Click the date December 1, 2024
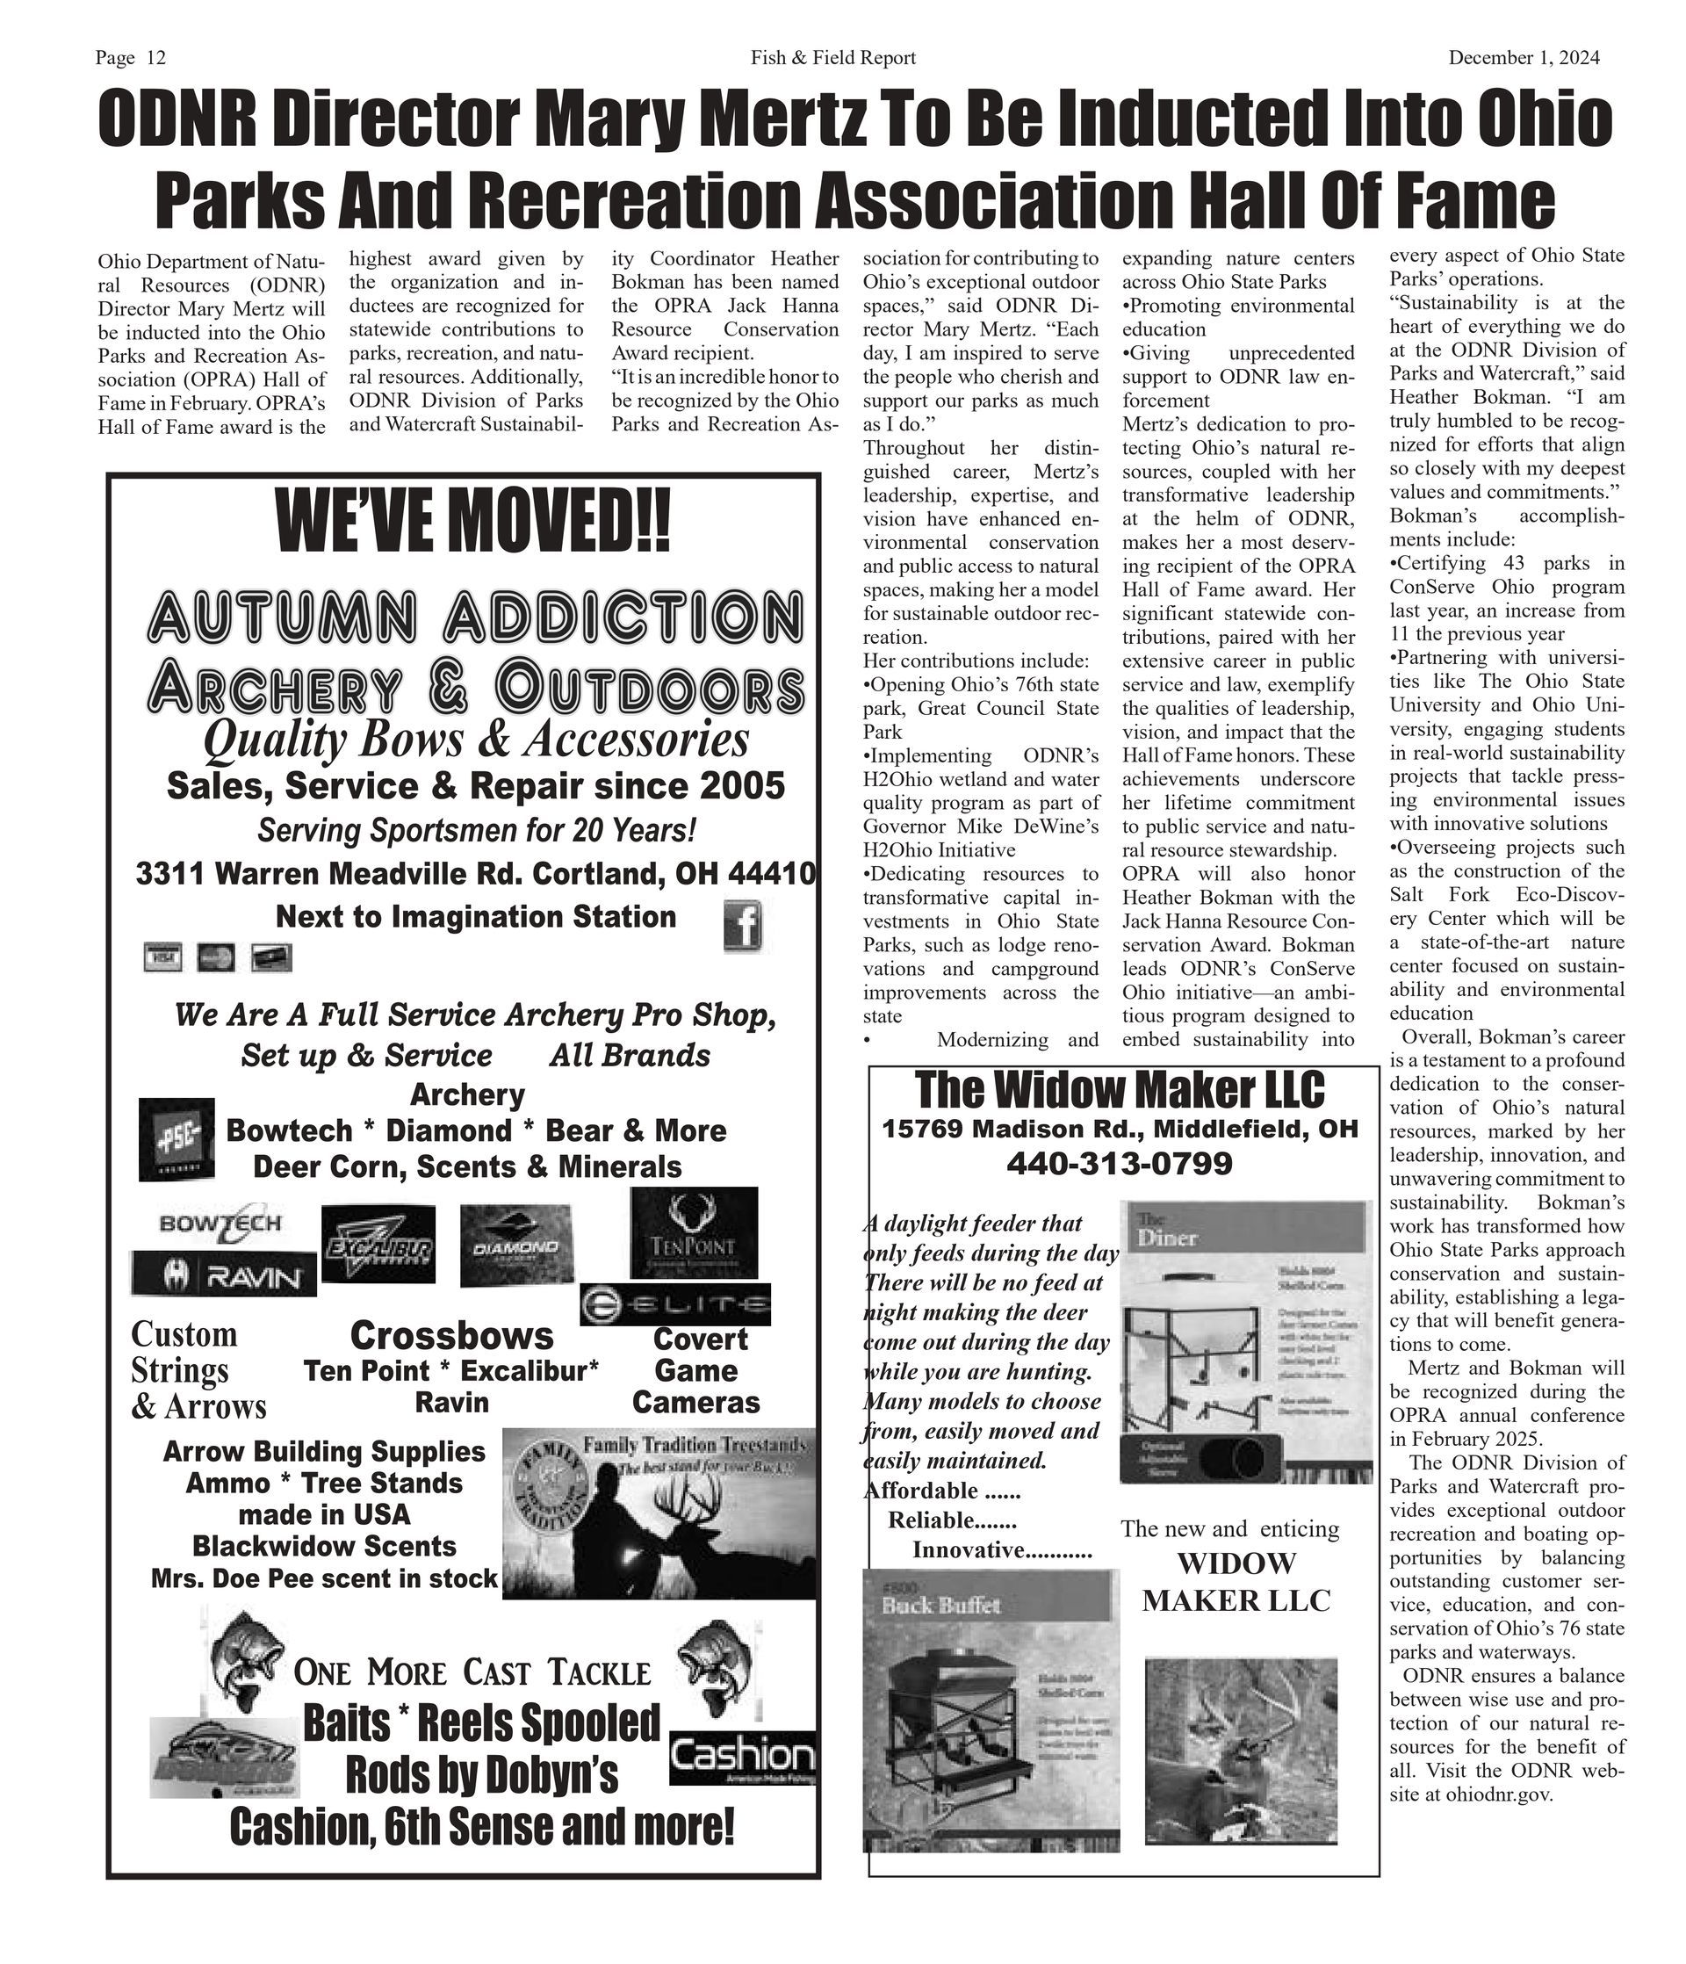tap(1523, 58)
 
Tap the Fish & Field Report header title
tap(833, 58)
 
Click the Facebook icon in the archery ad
tap(742, 926)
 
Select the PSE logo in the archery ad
tap(177, 1139)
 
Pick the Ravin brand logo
tap(224, 1274)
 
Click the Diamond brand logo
tap(515, 1246)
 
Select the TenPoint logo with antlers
tap(694, 1232)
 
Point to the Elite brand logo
tap(674, 1304)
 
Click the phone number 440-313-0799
tap(1119, 1163)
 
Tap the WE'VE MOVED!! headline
tap(471, 523)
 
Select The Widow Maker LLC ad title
tap(1119, 1090)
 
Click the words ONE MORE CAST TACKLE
tap(472, 1673)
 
